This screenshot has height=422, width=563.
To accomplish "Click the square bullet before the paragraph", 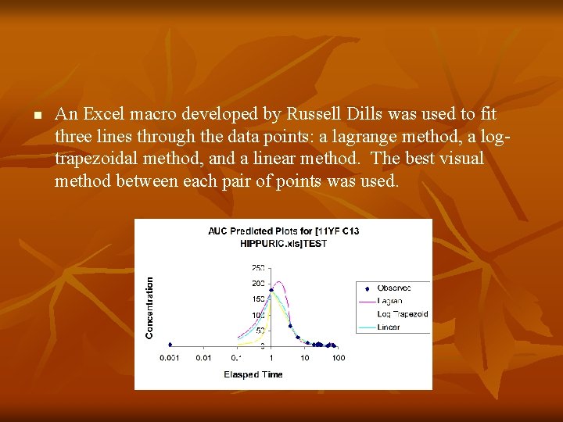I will (x=36, y=116).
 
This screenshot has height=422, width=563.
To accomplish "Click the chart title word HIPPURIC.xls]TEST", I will (x=283, y=244).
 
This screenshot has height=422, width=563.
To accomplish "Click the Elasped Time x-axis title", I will (x=253, y=375).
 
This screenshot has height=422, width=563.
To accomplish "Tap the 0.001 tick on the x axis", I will (x=169, y=358).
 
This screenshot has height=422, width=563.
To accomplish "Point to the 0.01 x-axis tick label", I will (x=203, y=358).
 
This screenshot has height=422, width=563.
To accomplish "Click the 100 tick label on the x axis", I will (x=339, y=358).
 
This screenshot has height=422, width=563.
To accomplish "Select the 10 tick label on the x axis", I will (x=305, y=358).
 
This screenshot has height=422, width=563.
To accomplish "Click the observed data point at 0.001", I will (x=170, y=345).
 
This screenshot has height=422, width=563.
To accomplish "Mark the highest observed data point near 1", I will (x=271, y=290).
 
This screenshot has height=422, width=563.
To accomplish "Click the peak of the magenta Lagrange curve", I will (x=278, y=282).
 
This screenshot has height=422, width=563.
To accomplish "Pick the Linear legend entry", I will (x=389, y=327).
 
